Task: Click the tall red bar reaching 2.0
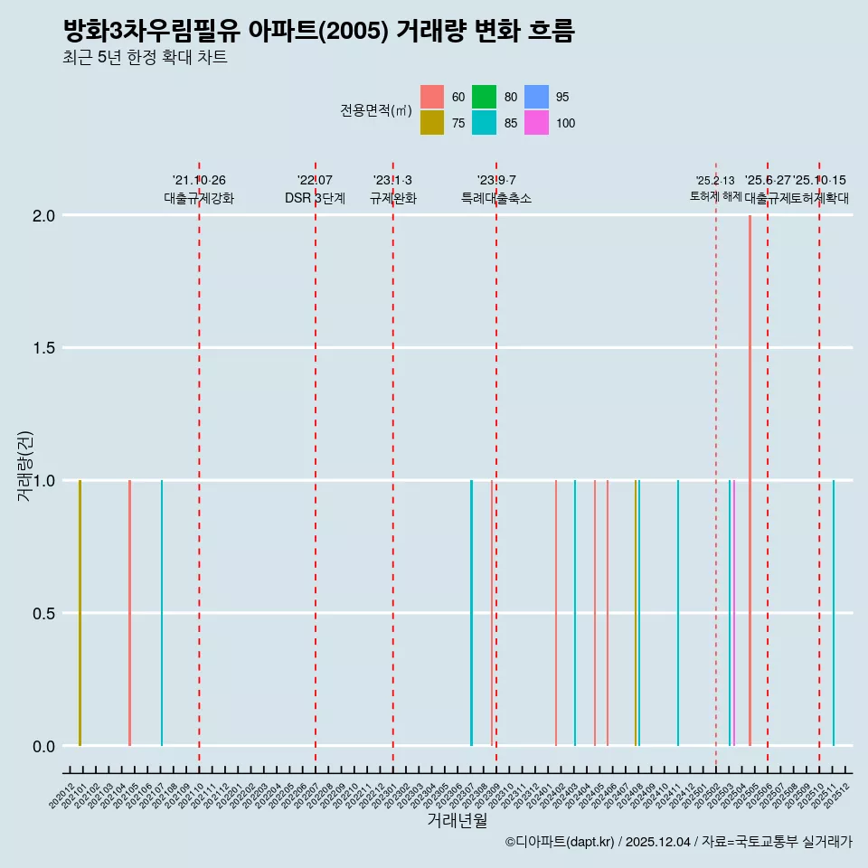click(750, 479)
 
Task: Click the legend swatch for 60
click(432, 97)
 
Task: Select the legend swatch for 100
click(536, 123)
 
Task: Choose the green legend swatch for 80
click(484, 97)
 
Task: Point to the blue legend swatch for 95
click(536, 97)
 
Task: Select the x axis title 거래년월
click(458, 821)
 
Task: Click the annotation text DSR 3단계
click(315, 198)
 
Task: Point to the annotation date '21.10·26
click(199, 180)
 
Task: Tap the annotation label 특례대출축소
click(496, 198)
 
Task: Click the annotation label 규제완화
click(392, 198)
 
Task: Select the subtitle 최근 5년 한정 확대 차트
click(145, 58)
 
